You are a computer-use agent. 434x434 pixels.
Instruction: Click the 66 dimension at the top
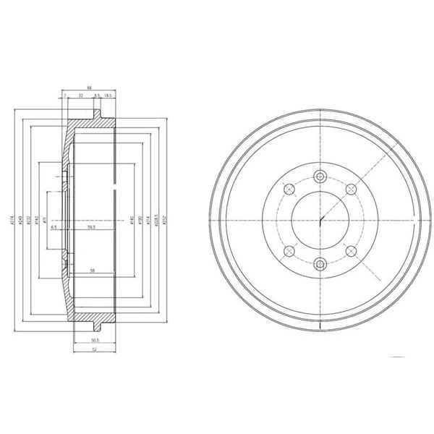(90, 87)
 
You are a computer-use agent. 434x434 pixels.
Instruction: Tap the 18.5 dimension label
(109, 95)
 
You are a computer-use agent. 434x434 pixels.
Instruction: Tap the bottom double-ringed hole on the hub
(320, 265)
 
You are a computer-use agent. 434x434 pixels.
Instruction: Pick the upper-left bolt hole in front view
(289, 190)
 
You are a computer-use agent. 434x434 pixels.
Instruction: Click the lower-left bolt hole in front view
(289, 250)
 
